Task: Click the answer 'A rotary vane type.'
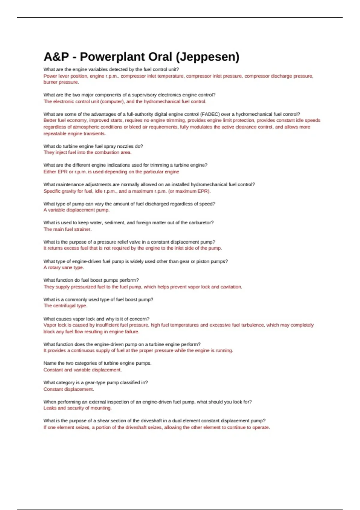64,268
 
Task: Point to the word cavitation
231,287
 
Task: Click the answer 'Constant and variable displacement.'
82,370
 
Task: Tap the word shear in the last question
103,421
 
